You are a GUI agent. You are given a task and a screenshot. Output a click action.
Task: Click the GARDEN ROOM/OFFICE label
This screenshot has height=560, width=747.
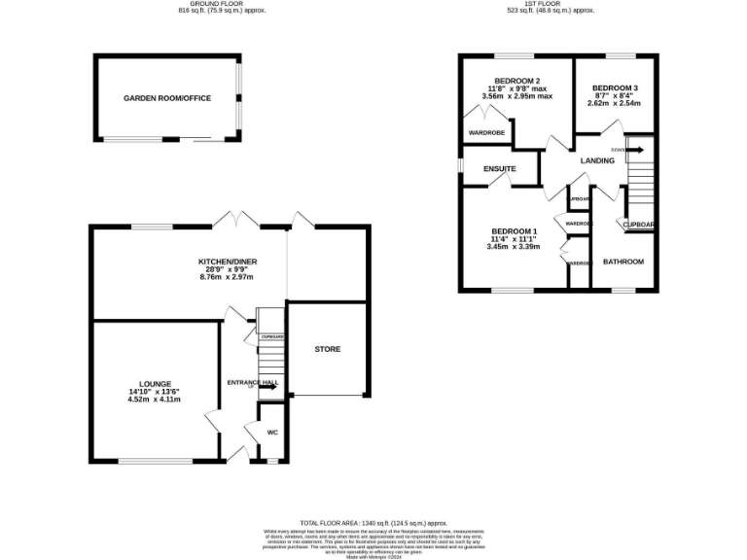pos(166,98)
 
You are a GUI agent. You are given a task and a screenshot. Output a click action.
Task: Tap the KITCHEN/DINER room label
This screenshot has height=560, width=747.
pos(226,262)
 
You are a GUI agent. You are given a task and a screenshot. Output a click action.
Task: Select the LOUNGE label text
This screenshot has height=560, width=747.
pos(155,384)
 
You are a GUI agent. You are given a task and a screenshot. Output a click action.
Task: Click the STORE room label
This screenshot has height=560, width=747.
pos(327,349)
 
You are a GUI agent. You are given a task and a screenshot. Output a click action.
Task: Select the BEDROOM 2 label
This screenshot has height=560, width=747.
pos(517,81)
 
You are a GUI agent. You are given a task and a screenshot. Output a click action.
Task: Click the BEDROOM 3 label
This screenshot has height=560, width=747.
pos(615,87)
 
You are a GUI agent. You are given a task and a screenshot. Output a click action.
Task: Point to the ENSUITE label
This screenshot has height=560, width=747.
pos(499,169)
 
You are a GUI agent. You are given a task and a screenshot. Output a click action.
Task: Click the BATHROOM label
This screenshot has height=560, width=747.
pos(623,262)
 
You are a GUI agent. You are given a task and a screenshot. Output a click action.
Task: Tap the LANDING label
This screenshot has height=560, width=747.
pos(597,160)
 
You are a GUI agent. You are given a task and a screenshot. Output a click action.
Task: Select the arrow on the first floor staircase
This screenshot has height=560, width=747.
pos(634,150)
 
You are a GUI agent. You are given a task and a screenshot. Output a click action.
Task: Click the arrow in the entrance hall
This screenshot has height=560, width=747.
pos(267,386)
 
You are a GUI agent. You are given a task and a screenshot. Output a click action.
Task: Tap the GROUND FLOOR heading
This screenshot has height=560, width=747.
pos(221,4)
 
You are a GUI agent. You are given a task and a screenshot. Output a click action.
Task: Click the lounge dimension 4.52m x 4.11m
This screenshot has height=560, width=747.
pos(155,399)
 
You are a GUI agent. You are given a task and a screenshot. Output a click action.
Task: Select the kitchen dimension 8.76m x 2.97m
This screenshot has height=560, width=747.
pos(226,277)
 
